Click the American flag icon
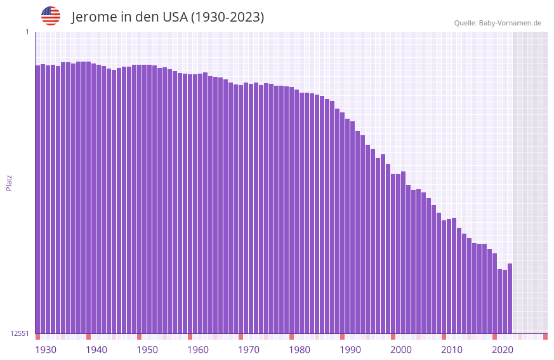click(x=51, y=16)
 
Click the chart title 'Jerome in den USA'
click(x=168, y=17)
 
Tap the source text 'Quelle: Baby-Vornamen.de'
click(x=498, y=23)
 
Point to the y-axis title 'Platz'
click(x=9, y=182)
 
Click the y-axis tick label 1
click(x=27, y=32)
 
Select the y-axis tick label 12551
click(x=20, y=333)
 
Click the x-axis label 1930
click(x=46, y=350)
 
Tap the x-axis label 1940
click(x=96, y=350)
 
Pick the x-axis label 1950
click(x=147, y=350)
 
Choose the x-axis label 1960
click(x=198, y=350)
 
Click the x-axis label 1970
click(x=249, y=350)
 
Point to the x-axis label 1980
click(x=300, y=350)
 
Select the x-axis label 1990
click(x=350, y=350)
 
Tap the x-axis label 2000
click(x=401, y=350)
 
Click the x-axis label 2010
click(x=452, y=350)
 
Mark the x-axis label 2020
click(x=503, y=350)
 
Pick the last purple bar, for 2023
click(x=510, y=298)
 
